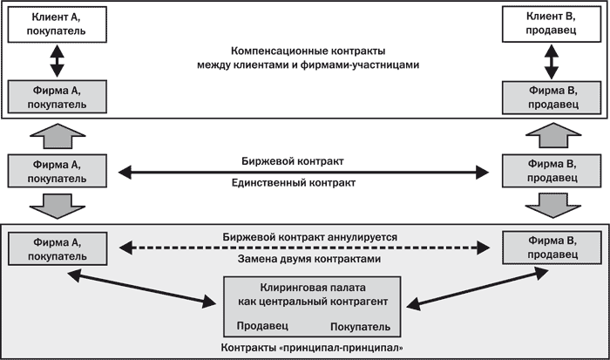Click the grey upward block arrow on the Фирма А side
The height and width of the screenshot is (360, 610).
point(56,136)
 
